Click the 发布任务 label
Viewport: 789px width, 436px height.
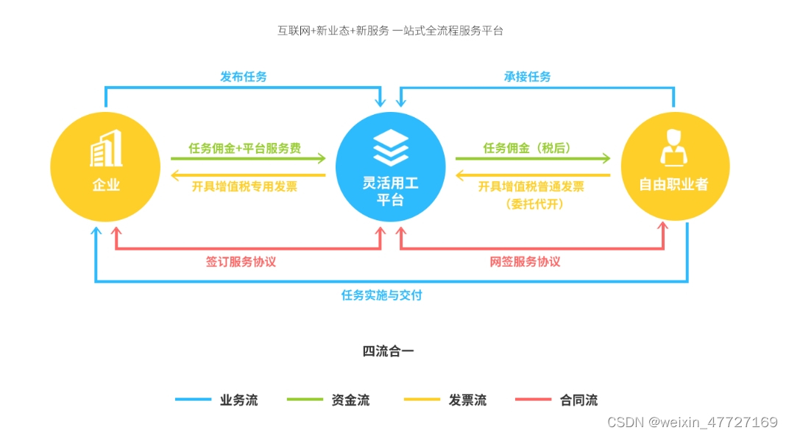243,77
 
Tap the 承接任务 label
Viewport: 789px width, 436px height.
527,77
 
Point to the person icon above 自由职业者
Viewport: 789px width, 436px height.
675,147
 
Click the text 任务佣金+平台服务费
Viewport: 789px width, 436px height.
244,148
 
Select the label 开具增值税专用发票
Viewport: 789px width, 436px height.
244,186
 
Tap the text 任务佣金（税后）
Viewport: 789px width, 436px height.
528,148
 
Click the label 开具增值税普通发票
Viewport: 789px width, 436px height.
531,186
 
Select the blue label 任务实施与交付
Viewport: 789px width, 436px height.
381,295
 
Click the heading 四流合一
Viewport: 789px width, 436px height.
388,351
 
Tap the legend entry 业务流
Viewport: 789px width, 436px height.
238,401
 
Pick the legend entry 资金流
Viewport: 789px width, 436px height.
350,401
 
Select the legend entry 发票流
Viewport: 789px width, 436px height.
467,401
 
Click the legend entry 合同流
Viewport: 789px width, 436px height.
579,401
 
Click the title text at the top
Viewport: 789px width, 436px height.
390,31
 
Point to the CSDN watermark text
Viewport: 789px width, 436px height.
692,422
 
